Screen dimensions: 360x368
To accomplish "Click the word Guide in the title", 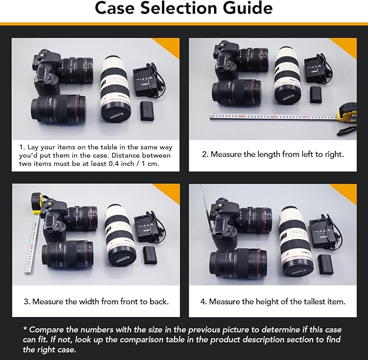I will coord(243,9).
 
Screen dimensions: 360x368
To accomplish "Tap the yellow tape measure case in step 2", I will coord(345,112).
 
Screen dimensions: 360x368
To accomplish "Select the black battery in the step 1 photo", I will coord(148,111).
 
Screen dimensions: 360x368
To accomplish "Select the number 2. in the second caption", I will coord(205,155).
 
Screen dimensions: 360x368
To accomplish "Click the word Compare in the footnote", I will coord(48,330).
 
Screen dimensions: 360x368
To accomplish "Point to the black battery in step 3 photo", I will coord(150,254).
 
